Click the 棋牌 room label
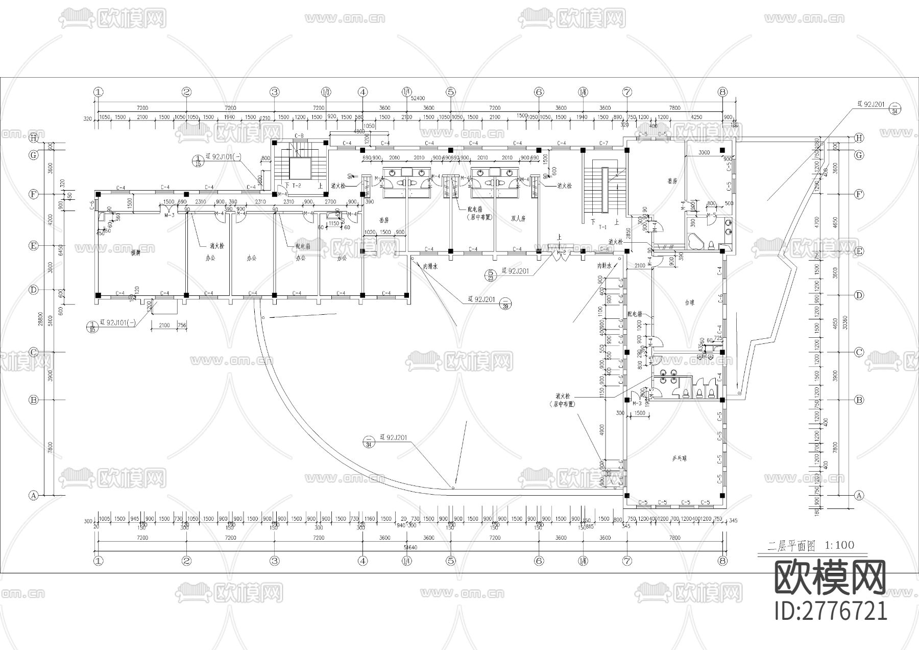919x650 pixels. [136, 252]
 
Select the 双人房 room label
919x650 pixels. [518, 218]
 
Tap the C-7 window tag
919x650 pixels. [604, 143]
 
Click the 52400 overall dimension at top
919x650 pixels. [418, 98]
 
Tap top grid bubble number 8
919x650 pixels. [722, 92]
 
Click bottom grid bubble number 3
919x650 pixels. [275, 561]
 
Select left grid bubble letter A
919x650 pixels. [34, 495]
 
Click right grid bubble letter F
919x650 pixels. [859, 194]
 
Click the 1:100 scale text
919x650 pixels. [839, 545]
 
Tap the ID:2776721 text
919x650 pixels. [830, 611]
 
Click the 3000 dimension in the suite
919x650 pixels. [704, 153]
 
